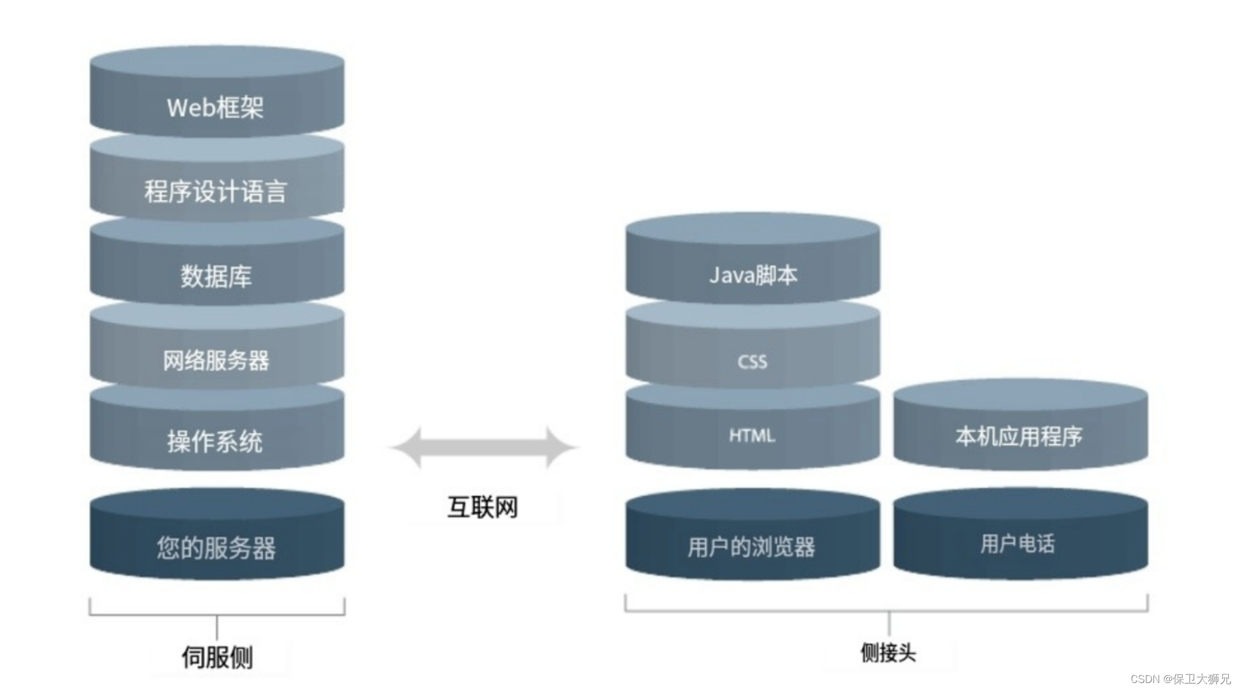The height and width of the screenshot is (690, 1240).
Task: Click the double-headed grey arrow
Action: tap(484, 447)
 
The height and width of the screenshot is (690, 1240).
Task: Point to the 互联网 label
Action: tap(483, 506)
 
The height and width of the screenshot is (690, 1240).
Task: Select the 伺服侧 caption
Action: tap(217, 657)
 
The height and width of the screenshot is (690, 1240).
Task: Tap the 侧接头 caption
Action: tap(888, 653)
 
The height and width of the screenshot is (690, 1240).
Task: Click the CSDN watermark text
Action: tap(1180, 678)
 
